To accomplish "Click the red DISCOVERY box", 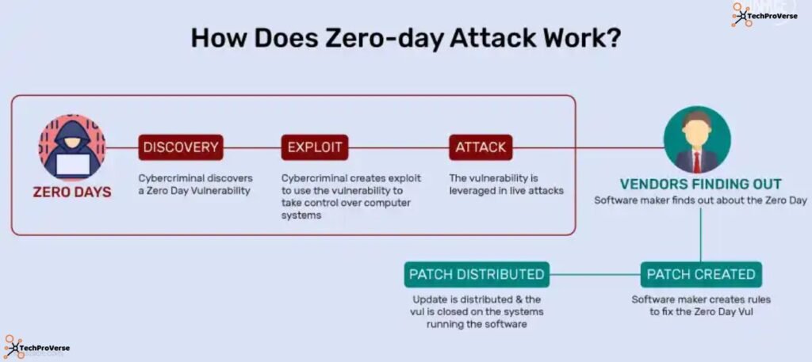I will click(181, 147).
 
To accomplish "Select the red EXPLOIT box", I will click(315, 147).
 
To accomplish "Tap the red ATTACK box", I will click(481, 147).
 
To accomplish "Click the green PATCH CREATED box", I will click(701, 274).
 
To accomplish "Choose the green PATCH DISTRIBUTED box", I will click(477, 274).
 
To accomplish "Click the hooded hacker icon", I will click(71, 147).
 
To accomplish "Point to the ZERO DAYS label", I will click(71, 192).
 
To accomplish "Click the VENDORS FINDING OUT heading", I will click(701, 184).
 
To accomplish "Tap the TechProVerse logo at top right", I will click(764, 14).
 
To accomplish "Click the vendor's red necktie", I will click(697, 161).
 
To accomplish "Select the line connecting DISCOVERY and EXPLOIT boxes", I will click(252, 147).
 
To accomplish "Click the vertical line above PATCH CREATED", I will click(701, 234).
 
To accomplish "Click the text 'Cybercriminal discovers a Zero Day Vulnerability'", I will click(196, 184).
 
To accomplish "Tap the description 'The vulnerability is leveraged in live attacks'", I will click(506, 184).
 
